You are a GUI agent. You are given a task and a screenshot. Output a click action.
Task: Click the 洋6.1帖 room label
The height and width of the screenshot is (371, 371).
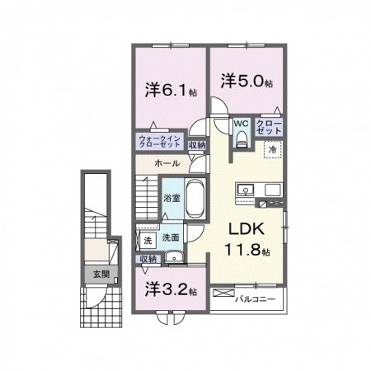coord(171,90)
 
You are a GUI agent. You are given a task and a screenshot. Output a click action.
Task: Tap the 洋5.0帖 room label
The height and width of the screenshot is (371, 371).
coord(247,81)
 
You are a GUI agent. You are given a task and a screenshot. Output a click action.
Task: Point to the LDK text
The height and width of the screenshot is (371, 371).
coord(247,228)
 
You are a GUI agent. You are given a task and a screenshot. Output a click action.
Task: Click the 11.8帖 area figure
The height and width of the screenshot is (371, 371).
coord(247,250)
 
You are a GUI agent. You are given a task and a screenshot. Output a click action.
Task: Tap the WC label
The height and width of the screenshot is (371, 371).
coord(241,124)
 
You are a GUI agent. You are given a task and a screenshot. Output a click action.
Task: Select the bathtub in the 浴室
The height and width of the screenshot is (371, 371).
coord(195,199)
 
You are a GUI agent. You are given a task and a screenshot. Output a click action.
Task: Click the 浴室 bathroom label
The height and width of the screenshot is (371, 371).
coord(172,198)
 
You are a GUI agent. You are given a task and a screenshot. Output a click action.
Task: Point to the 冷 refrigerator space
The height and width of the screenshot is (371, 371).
coord(273,150)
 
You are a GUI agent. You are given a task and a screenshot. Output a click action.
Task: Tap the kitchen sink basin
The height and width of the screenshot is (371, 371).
coord(246,190)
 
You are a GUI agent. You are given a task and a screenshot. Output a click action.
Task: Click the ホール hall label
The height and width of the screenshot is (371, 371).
coord(167,163)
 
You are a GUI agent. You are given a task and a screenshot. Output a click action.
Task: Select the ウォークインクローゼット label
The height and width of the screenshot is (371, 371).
coord(160,142)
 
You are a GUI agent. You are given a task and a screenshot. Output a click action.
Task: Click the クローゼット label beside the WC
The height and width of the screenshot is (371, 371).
coord(269,127)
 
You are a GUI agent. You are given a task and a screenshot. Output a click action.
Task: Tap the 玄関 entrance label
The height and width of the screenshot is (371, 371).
coord(101,274)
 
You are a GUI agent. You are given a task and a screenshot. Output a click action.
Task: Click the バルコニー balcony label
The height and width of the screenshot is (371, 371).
coord(255,298)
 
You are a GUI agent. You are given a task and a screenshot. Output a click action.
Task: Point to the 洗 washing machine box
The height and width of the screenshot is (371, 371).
coord(148,241)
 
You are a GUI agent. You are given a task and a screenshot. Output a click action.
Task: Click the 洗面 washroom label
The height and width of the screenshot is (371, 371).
coord(171,237)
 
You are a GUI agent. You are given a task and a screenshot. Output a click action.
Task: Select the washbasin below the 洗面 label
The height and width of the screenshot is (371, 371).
coord(174,257)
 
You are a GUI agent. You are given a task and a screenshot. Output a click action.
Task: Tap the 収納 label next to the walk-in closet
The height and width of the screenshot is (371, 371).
coord(197,145)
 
